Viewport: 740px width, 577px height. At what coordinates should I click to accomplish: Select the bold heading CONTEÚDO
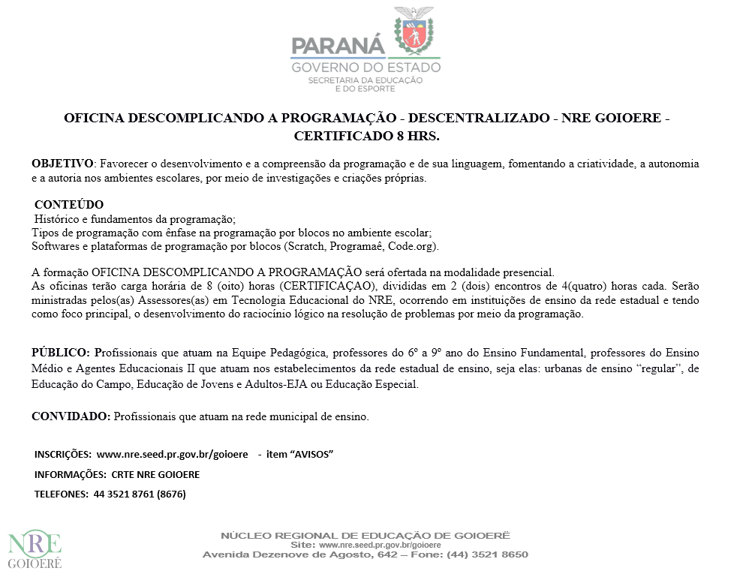[69, 205]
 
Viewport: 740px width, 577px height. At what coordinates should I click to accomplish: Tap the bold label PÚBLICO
[61, 352]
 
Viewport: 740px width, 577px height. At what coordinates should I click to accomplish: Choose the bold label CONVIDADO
[71, 416]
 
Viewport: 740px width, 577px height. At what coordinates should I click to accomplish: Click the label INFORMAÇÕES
[70, 474]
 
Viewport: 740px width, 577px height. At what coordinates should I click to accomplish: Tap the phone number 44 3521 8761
[123, 494]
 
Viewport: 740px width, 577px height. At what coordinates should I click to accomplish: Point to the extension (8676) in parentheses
[171, 494]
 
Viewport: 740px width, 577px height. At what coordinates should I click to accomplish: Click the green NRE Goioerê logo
[35, 549]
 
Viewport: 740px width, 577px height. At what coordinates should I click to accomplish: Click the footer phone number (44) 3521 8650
[487, 554]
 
